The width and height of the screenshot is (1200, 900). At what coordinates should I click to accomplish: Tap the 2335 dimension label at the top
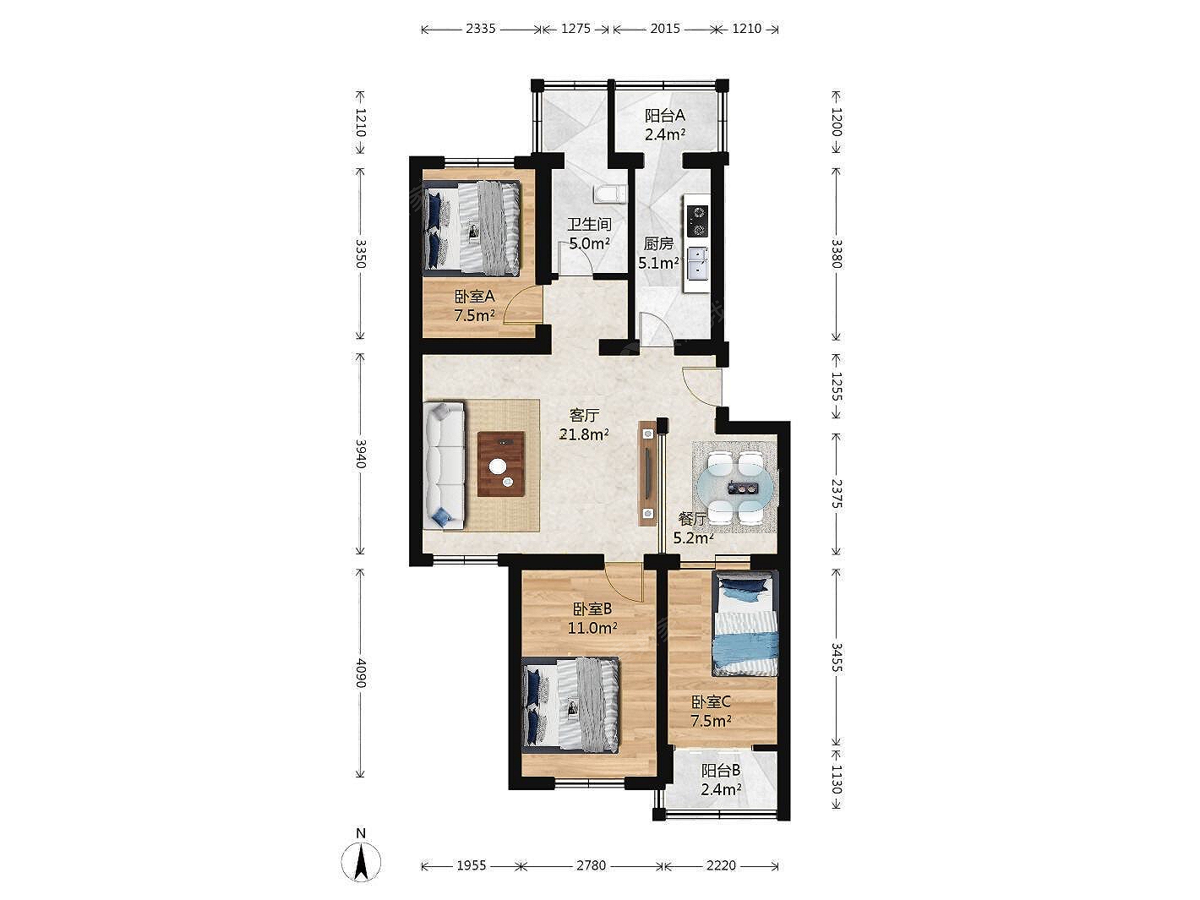pos(481,29)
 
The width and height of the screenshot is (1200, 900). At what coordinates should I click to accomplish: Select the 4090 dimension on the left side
pos(360,673)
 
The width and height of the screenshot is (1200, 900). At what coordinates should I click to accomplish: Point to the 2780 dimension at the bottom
pos(591,865)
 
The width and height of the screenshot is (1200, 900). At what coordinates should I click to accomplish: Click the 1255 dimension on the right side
pos(837,386)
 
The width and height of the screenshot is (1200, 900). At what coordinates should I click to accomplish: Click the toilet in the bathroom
pos(609,194)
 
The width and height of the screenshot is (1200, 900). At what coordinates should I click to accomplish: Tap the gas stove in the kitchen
pos(697,221)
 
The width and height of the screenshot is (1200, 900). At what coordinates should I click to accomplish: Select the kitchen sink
pos(697,262)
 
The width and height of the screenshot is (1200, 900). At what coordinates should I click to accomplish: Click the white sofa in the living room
pos(445,465)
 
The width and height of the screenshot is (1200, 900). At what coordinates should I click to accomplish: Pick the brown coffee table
pos(501,464)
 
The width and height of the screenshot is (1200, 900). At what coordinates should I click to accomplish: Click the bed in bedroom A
pos(472,228)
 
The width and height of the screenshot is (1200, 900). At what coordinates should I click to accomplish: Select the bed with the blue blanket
pos(745,624)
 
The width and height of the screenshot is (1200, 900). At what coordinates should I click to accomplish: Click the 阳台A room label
pos(665,115)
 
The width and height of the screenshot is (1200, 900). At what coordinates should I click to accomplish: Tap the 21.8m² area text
pos(584,434)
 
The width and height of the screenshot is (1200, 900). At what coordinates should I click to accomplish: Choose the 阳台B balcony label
pos(721,771)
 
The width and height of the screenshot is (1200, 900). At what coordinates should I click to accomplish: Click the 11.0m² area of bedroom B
pos(592,628)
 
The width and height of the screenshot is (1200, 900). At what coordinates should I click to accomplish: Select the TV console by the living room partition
pos(648,472)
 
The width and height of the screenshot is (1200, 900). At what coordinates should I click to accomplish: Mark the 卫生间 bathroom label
pos(589,224)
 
